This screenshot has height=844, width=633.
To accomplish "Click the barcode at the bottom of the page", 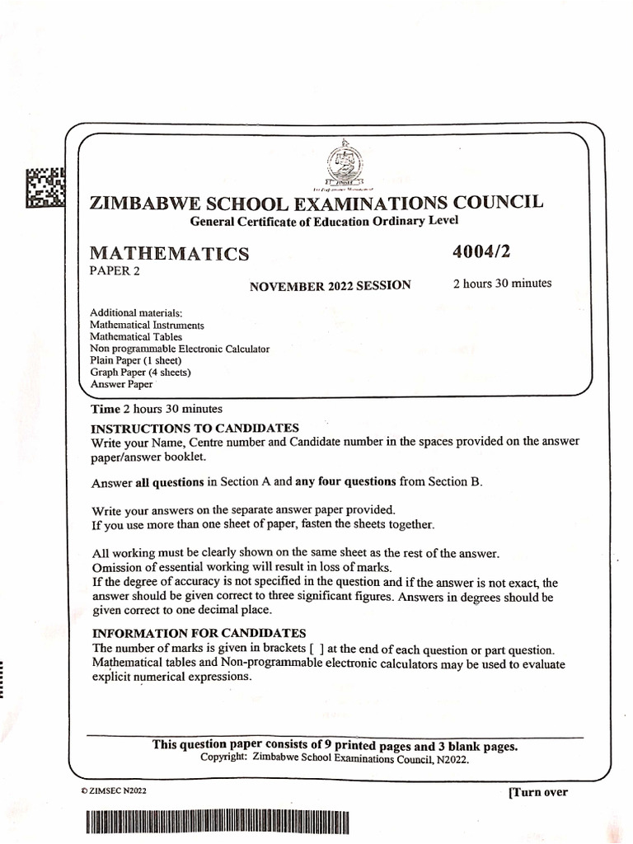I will point(216,823).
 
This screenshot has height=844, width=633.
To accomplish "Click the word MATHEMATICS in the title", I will point(169,254).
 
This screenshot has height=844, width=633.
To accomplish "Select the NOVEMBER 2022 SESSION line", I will point(331,285).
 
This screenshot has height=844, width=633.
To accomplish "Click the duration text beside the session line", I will point(502,284).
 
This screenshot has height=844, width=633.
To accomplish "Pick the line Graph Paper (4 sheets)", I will point(140,372).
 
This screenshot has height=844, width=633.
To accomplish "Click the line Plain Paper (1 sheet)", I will point(135,360).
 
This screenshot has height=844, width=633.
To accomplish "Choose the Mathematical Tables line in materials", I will point(136,336).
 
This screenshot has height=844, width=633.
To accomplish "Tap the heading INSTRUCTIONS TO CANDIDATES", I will point(195,428).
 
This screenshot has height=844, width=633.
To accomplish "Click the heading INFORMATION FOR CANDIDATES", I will point(199,633).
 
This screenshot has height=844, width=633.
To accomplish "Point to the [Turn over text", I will point(538,792).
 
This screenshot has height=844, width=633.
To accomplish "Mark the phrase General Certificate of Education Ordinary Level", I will point(324,221).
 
